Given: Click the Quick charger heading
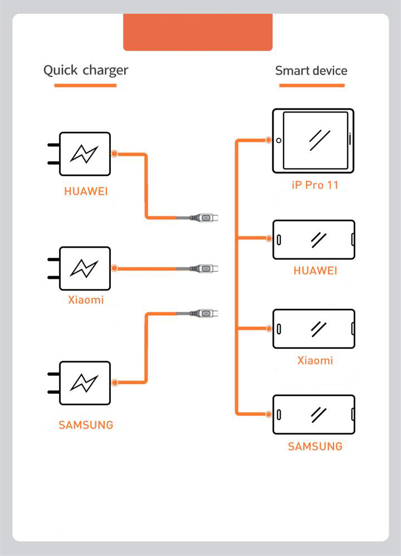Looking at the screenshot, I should coord(86,71).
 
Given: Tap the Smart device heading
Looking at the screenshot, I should coord(311,71).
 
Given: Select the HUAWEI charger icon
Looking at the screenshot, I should coord(84,154).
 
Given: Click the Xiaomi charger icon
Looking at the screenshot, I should coord(84,268).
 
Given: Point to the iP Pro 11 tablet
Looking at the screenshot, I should coord(313,140).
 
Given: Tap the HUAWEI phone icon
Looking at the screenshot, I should coord(314,239).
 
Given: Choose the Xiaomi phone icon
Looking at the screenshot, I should coord(314,328).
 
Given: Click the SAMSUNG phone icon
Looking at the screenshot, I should coord(314,415).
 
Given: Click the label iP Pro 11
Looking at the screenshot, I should coord(315,185).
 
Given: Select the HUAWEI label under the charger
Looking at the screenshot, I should coord(86,192).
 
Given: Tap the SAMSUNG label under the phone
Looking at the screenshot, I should coord(315,446).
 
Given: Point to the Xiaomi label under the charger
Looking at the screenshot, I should coord(86,301).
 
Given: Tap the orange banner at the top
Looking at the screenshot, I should coord(198,32).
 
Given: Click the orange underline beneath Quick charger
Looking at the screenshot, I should coord(85,85).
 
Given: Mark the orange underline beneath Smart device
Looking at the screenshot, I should coord(311,85).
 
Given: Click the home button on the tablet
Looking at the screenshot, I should coord(279,140).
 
